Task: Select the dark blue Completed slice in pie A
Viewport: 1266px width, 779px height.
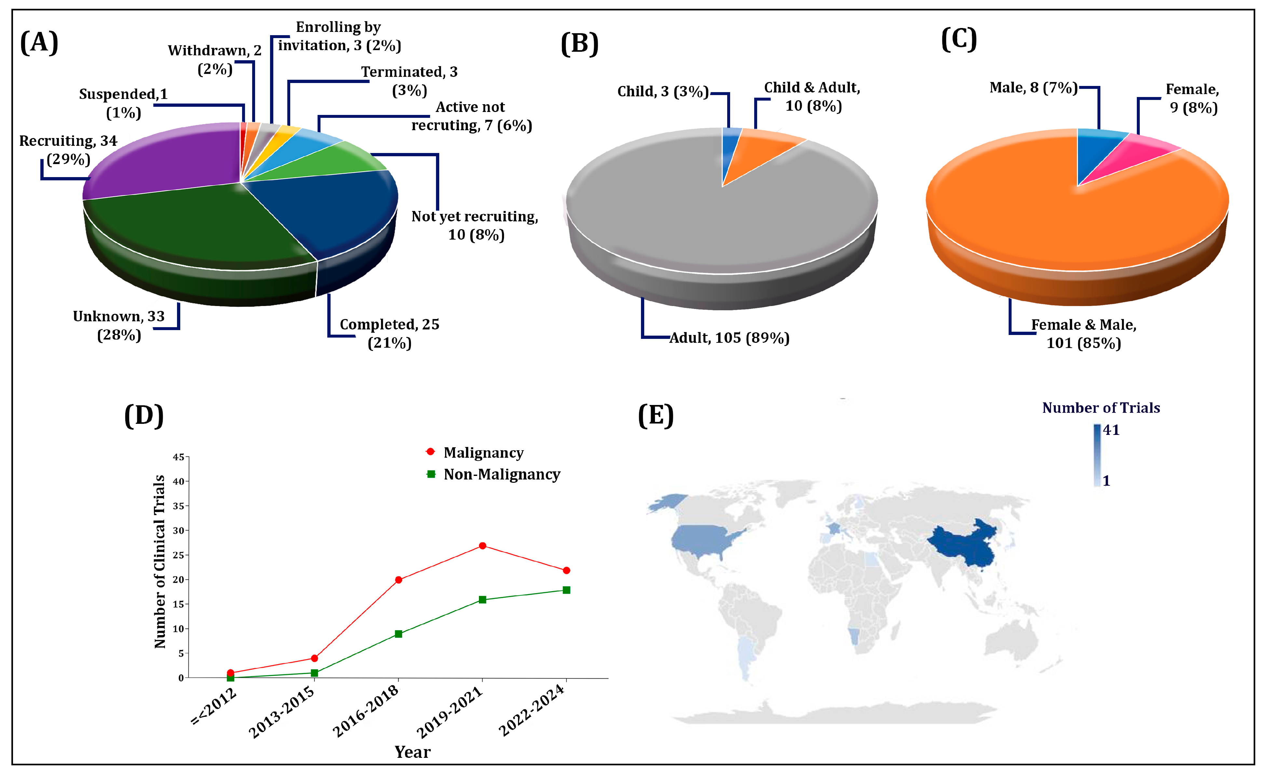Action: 330,211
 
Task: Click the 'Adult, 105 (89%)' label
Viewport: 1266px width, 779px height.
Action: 729,338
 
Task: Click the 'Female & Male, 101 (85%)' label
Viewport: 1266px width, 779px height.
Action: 1084,334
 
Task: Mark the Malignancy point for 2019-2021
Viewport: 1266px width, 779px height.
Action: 483,546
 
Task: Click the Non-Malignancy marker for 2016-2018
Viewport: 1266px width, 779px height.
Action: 399,634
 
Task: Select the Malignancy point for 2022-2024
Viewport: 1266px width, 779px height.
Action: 566,570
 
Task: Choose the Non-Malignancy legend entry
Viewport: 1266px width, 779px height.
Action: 501,474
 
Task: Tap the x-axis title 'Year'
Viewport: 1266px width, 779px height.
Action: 412,752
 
